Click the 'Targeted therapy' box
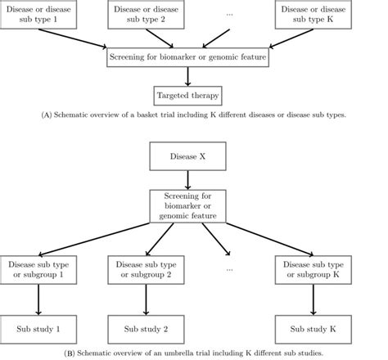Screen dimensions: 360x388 pos(189,97)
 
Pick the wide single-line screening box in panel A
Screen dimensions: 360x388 pos(189,58)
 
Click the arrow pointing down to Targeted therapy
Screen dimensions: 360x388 pos(189,77)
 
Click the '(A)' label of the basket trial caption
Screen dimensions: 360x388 pos(47,115)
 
